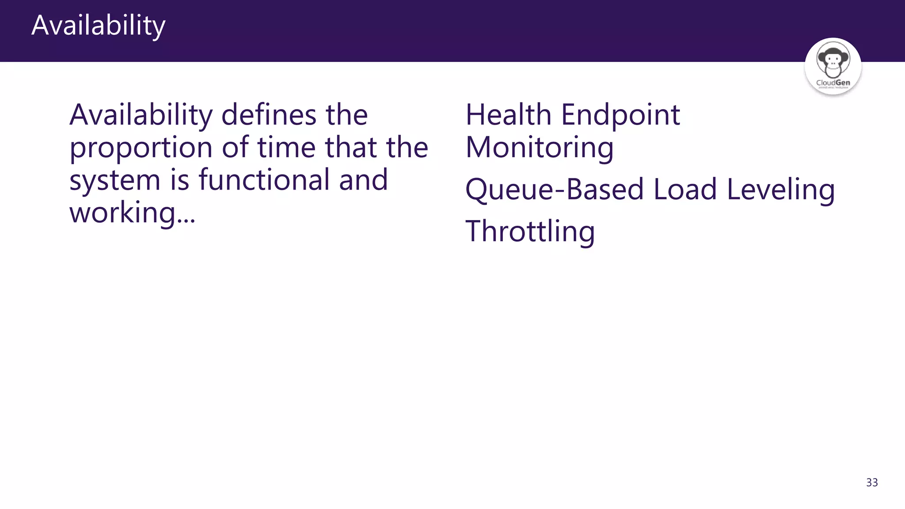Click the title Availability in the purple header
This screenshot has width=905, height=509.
coord(98,26)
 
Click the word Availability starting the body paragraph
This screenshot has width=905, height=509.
coord(141,116)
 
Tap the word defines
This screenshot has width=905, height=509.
coord(268,115)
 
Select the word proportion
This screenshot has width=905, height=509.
coord(141,148)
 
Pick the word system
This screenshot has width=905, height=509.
coord(114,181)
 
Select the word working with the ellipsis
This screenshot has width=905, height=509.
coord(132,213)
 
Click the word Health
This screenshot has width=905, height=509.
coord(508,115)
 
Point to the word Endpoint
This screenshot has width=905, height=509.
coord(620,116)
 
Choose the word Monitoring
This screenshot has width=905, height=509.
coord(540,148)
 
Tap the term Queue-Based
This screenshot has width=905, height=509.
coord(555,190)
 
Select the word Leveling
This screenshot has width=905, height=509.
coord(780,190)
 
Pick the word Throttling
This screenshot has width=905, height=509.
coord(530,232)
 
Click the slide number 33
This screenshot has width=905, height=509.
coord(872,482)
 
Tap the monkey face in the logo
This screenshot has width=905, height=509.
coord(833,60)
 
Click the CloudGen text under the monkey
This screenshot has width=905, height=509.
coord(833,83)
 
